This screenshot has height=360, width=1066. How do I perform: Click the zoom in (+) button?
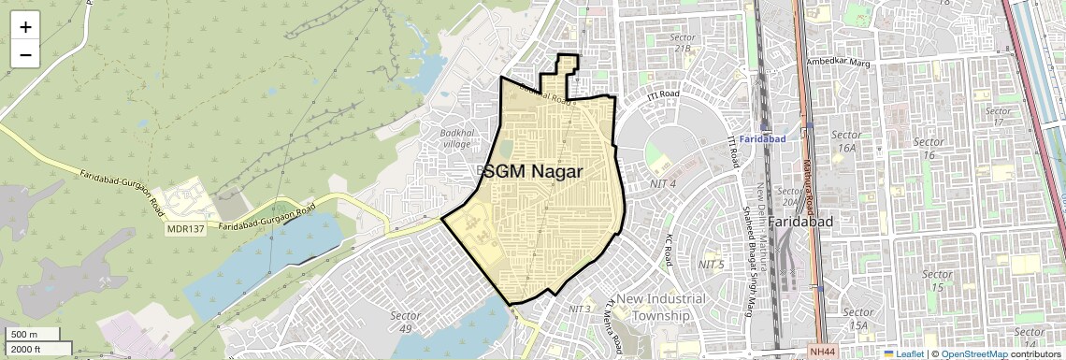[x=25, y=27]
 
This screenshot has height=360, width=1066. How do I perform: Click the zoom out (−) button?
[x=25, y=55]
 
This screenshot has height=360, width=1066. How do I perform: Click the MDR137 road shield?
[x=185, y=227]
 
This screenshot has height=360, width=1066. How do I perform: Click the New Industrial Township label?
[x=655, y=307]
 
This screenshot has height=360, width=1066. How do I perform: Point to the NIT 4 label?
[x=662, y=184]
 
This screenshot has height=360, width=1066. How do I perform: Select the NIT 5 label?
[x=711, y=265]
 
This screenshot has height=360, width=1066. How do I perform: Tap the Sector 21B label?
[x=682, y=43]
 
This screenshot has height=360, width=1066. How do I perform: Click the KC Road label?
[x=670, y=250]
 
